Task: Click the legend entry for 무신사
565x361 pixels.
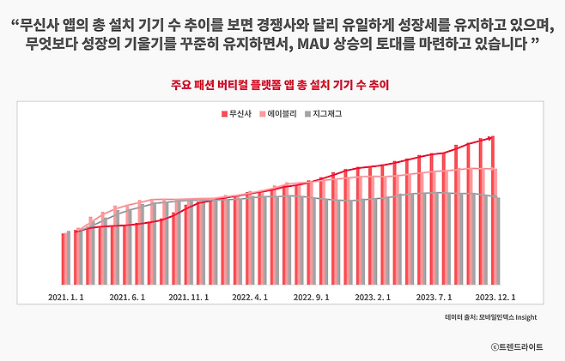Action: (x=236, y=114)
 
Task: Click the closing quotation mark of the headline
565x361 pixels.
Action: (x=535, y=41)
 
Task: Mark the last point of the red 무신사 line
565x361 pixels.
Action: (x=492, y=136)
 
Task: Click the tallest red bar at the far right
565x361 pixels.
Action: (x=492, y=210)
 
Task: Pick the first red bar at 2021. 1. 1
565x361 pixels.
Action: (x=64, y=258)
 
